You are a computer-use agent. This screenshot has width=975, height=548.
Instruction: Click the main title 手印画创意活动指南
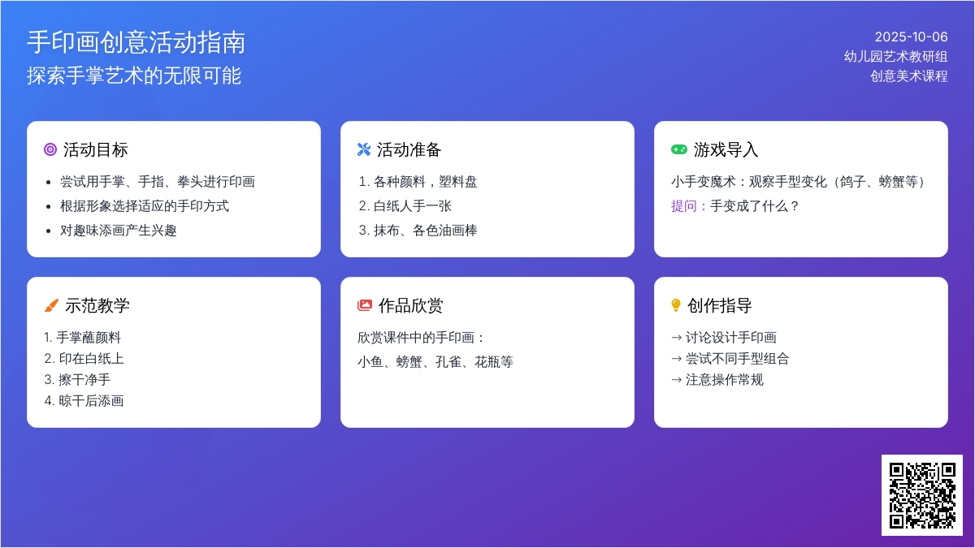(x=136, y=42)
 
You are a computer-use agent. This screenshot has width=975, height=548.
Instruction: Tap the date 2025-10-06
(x=911, y=37)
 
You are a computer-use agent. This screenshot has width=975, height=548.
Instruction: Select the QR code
(x=922, y=495)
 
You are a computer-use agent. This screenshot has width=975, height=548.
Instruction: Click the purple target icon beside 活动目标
(x=50, y=149)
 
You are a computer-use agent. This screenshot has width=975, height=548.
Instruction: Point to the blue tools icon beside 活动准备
(x=364, y=149)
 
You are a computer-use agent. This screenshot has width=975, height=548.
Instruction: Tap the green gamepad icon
(x=679, y=149)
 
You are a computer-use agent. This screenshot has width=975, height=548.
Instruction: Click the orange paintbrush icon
(x=51, y=305)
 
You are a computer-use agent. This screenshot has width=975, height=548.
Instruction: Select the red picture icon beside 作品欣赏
(x=365, y=305)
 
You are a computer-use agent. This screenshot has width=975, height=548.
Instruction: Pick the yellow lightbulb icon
(x=676, y=305)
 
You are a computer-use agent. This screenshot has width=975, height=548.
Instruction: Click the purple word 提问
(x=684, y=205)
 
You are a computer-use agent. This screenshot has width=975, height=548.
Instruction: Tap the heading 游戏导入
(x=726, y=149)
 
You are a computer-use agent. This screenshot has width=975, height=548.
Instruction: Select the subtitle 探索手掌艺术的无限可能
(x=134, y=76)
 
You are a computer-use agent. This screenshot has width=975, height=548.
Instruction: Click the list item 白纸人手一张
(x=412, y=205)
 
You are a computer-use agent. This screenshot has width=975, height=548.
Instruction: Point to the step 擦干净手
(x=84, y=380)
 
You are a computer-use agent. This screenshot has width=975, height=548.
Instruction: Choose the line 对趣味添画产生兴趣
(x=119, y=230)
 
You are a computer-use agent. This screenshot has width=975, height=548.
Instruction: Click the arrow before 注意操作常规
(x=676, y=380)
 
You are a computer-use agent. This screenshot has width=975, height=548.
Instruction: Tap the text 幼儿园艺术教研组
(x=895, y=57)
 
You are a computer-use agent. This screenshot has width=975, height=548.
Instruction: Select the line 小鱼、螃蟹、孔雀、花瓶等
(x=435, y=361)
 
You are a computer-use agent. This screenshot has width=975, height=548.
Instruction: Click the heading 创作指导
(x=720, y=305)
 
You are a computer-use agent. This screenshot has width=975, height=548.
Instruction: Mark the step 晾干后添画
(x=91, y=400)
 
